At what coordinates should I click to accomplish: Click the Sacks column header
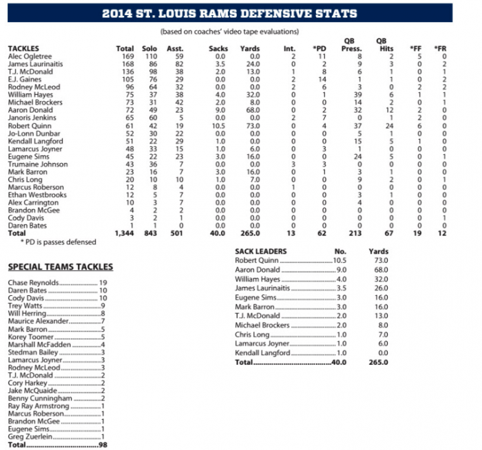(x=218, y=48)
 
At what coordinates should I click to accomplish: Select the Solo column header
(x=149, y=48)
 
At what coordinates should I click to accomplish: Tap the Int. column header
(x=289, y=48)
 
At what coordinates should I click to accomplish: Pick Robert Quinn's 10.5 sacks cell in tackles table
(x=218, y=127)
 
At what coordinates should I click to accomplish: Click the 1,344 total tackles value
(x=124, y=233)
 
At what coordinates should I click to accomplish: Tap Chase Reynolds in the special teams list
(x=33, y=283)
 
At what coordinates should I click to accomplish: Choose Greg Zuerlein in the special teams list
(x=29, y=436)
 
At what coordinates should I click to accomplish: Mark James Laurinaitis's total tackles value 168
(x=125, y=63)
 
